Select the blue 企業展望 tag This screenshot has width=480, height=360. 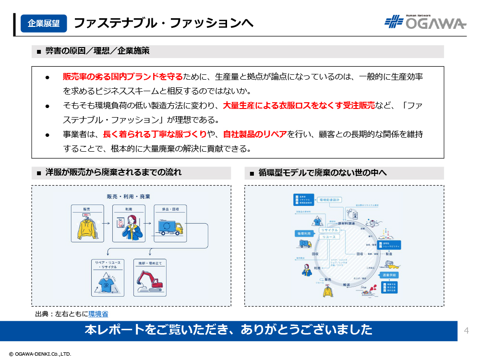44,23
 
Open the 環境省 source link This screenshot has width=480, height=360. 98,314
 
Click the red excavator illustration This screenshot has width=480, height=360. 150,281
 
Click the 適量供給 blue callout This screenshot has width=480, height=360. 390,275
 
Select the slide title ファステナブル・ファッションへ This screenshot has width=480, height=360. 163,23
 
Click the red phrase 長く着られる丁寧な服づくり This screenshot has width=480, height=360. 155,134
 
